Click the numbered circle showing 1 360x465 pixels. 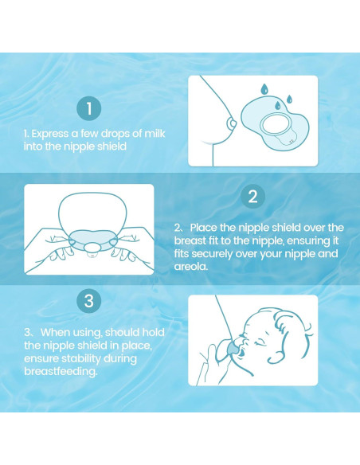[89, 108]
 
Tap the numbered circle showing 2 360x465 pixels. [252, 197]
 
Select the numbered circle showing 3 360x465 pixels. [89, 301]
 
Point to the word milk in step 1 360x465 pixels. [155, 134]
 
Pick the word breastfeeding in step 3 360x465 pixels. [60, 371]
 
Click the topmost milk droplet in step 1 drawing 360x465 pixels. [264, 88]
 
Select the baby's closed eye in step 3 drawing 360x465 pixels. [261, 343]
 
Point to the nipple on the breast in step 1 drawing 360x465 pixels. [231, 123]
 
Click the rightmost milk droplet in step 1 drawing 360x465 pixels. [289, 100]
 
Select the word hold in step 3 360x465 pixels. [153, 332]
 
